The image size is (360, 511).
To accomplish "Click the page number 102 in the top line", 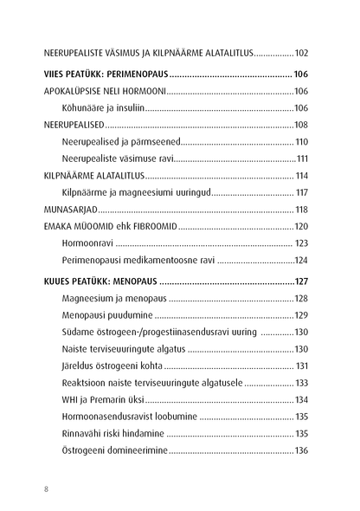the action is point(306,52).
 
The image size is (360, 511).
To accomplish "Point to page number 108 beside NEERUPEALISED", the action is point(306,125).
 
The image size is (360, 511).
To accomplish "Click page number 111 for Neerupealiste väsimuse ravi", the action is point(308,158).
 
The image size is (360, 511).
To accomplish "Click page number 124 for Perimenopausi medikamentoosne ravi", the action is point(306,260).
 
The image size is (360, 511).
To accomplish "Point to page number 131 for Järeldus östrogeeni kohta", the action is point(308,366).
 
